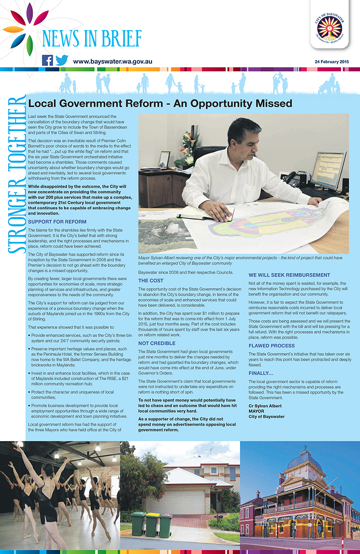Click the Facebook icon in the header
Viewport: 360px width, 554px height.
(x=48, y=60)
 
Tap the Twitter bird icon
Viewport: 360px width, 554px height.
(x=62, y=60)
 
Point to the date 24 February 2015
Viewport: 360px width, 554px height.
(x=331, y=62)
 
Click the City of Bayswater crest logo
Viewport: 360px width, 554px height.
(x=329, y=26)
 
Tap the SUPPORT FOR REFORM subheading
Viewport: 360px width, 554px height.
(x=57, y=222)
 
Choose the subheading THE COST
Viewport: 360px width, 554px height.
(x=151, y=281)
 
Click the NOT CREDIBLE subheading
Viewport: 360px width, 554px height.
(x=157, y=343)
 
